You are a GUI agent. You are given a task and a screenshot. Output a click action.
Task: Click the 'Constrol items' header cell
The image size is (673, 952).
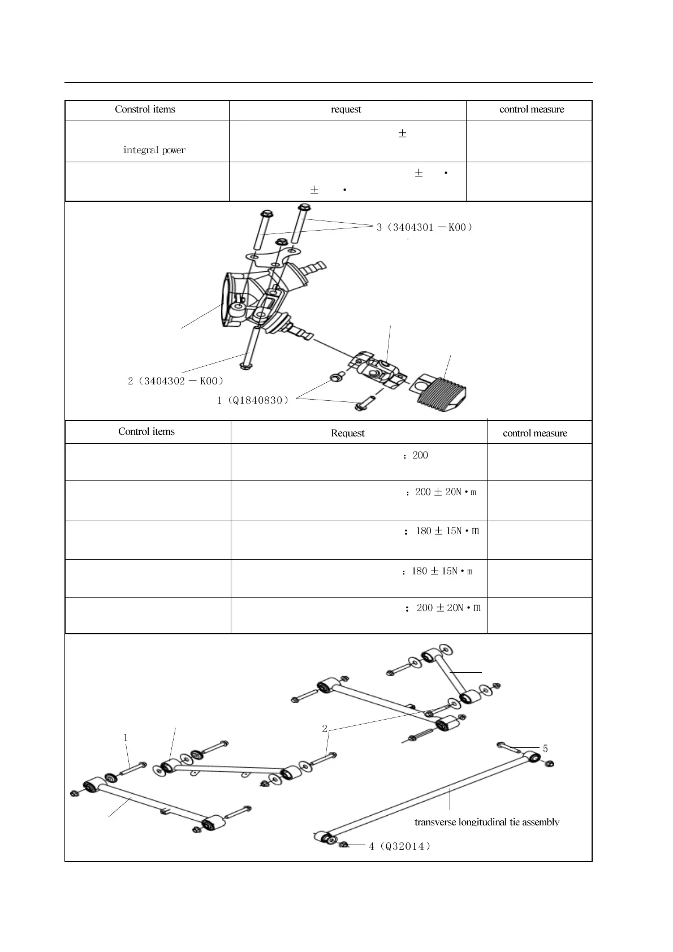[x=145, y=110]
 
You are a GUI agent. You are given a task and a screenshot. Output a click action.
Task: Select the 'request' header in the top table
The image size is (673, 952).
[x=346, y=110]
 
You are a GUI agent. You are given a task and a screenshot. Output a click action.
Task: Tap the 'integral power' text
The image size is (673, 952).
[x=154, y=150]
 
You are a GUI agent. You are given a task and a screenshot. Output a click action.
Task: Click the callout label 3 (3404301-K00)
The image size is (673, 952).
[x=424, y=227]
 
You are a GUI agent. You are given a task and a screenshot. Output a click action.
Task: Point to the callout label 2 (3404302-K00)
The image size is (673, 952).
[x=176, y=381]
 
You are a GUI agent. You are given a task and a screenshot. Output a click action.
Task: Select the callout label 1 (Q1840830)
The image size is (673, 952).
[x=253, y=401]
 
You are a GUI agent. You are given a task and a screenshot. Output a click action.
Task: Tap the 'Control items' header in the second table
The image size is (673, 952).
[x=146, y=432]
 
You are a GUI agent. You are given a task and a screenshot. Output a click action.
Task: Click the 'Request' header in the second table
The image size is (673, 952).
[x=347, y=434]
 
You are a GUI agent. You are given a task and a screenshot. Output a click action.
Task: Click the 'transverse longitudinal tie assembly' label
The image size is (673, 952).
[x=487, y=822]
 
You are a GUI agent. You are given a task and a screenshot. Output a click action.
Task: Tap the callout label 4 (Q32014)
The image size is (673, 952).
[x=400, y=846]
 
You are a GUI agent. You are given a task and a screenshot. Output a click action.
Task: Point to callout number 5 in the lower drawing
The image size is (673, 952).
[x=545, y=749]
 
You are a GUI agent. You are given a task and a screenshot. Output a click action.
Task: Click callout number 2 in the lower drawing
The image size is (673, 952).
[x=325, y=729]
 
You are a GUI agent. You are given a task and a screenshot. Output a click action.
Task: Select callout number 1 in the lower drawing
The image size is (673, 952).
[x=126, y=738]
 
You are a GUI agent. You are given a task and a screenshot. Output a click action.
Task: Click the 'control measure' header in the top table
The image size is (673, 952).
[x=532, y=110]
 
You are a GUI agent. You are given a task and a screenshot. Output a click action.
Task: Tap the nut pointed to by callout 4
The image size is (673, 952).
[x=343, y=845]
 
